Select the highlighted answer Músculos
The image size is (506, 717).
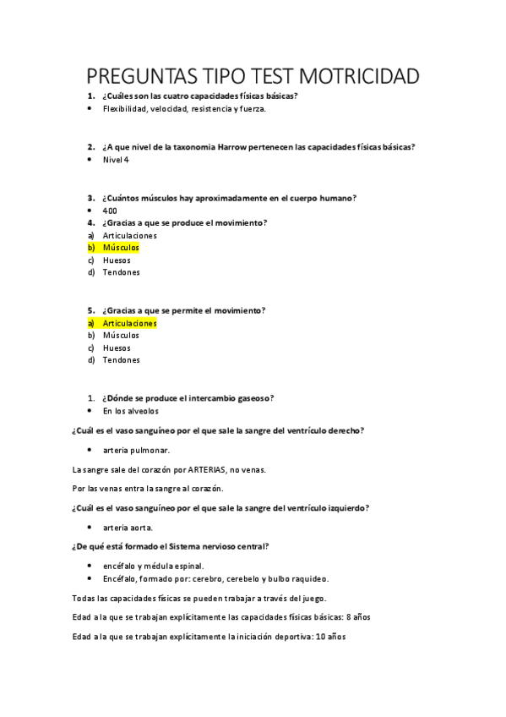click(x=121, y=248)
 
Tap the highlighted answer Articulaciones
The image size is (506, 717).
click(x=129, y=323)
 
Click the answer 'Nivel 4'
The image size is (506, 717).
click(x=116, y=160)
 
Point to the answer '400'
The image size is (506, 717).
click(x=110, y=211)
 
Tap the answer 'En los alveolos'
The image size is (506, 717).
click(x=130, y=411)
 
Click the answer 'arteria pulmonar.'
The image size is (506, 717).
click(x=136, y=450)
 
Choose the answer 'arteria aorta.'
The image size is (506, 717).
click(x=128, y=528)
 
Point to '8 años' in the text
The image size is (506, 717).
click(x=357, y=617)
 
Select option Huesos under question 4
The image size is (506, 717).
click(x=117, y=260)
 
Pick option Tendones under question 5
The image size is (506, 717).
click(x=121, y=360)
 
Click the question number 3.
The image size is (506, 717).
click(x=90, y=198)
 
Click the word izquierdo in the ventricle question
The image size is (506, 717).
click(x=344, y=508)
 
